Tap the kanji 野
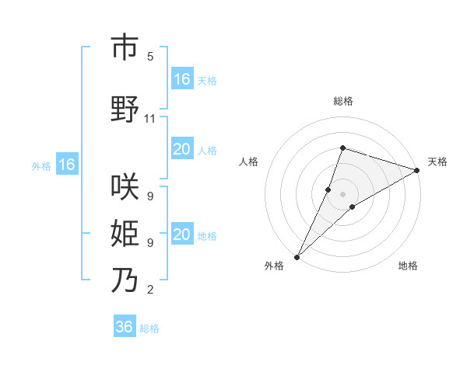[125, 109]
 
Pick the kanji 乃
[125, 280]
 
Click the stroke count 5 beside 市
[150, 57]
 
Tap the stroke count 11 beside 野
[150, 119]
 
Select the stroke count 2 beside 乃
[150, 290]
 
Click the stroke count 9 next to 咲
[150, 196]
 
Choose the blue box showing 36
[125, 327]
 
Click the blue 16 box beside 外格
[66, 165]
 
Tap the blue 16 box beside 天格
[182, 79]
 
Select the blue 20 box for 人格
[182, 150]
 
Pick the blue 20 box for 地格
[182, 235]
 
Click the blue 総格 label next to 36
[149, 328]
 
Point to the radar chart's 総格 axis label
[342, 101]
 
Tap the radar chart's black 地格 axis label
[408, 266]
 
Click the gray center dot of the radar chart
[342, 194]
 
